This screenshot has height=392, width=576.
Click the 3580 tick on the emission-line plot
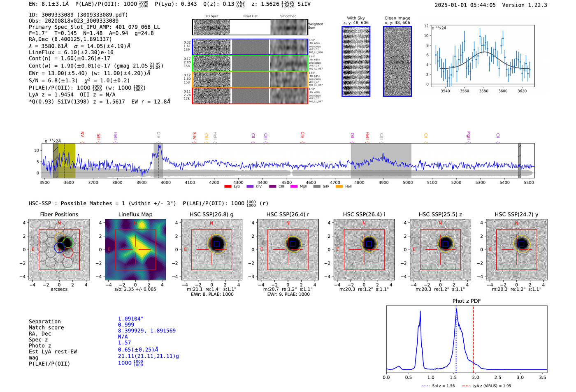pos(484,91)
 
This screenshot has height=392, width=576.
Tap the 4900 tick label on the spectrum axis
pos(383,183)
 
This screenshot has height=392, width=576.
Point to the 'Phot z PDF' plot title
pos(467,301)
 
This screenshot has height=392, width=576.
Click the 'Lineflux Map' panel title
pos(135,214)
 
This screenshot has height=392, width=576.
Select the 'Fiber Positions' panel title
pos(59,214)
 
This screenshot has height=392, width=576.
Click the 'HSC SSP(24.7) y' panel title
pos(516,214)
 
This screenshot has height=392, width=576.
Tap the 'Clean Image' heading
pos(397,18)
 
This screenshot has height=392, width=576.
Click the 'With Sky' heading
pos(356,18)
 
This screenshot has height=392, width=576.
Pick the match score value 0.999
pos(126,325)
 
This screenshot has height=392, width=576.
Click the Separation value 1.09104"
pos(131,319)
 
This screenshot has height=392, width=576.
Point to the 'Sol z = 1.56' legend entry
pos(439,386)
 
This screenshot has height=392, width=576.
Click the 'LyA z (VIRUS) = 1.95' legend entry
pos(487,386)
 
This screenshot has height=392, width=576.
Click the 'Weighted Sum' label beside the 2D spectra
pos(316,26)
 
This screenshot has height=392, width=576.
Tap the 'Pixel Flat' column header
pos(250,16)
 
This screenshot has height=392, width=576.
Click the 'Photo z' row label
pos(40,346)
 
